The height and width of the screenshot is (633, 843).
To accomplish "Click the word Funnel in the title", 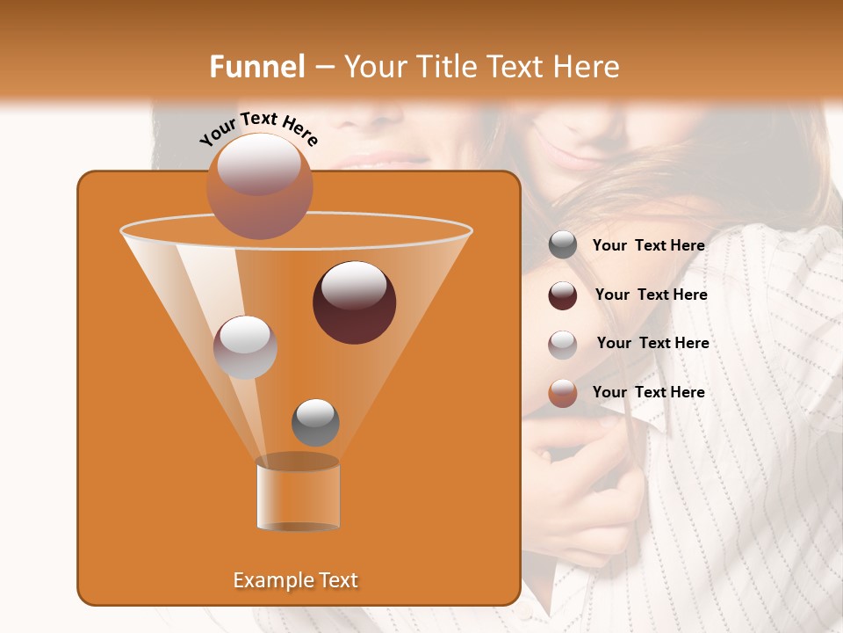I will (x=256, y=67).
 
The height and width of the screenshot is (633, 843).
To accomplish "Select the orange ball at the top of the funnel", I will (x=260, y=186).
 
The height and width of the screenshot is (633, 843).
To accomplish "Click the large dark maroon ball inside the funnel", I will (x=354, y=302).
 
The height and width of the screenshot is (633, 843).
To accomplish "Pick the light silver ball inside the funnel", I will (x=245, y=347).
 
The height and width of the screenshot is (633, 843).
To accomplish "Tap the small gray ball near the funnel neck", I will (x=315, y=422).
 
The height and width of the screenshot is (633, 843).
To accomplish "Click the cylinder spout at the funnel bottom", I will (x=298, y=494).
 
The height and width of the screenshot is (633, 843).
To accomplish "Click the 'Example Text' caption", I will (x=295, y=580).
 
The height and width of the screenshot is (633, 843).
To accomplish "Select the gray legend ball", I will (x=563, y=245).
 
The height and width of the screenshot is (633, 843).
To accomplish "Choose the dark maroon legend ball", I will (x=563, y=295).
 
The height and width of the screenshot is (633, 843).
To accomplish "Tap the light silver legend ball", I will (x=563, y=344).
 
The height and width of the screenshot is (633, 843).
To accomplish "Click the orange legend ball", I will (x=563, y=393).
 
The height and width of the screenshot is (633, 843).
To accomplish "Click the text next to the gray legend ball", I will (x=648, y=246).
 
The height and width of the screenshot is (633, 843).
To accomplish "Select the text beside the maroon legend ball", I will (x=651, y=295).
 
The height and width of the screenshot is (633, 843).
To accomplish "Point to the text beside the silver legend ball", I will (x=652, y=344).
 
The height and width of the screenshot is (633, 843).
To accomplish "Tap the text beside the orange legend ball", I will (x=648, y=393).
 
